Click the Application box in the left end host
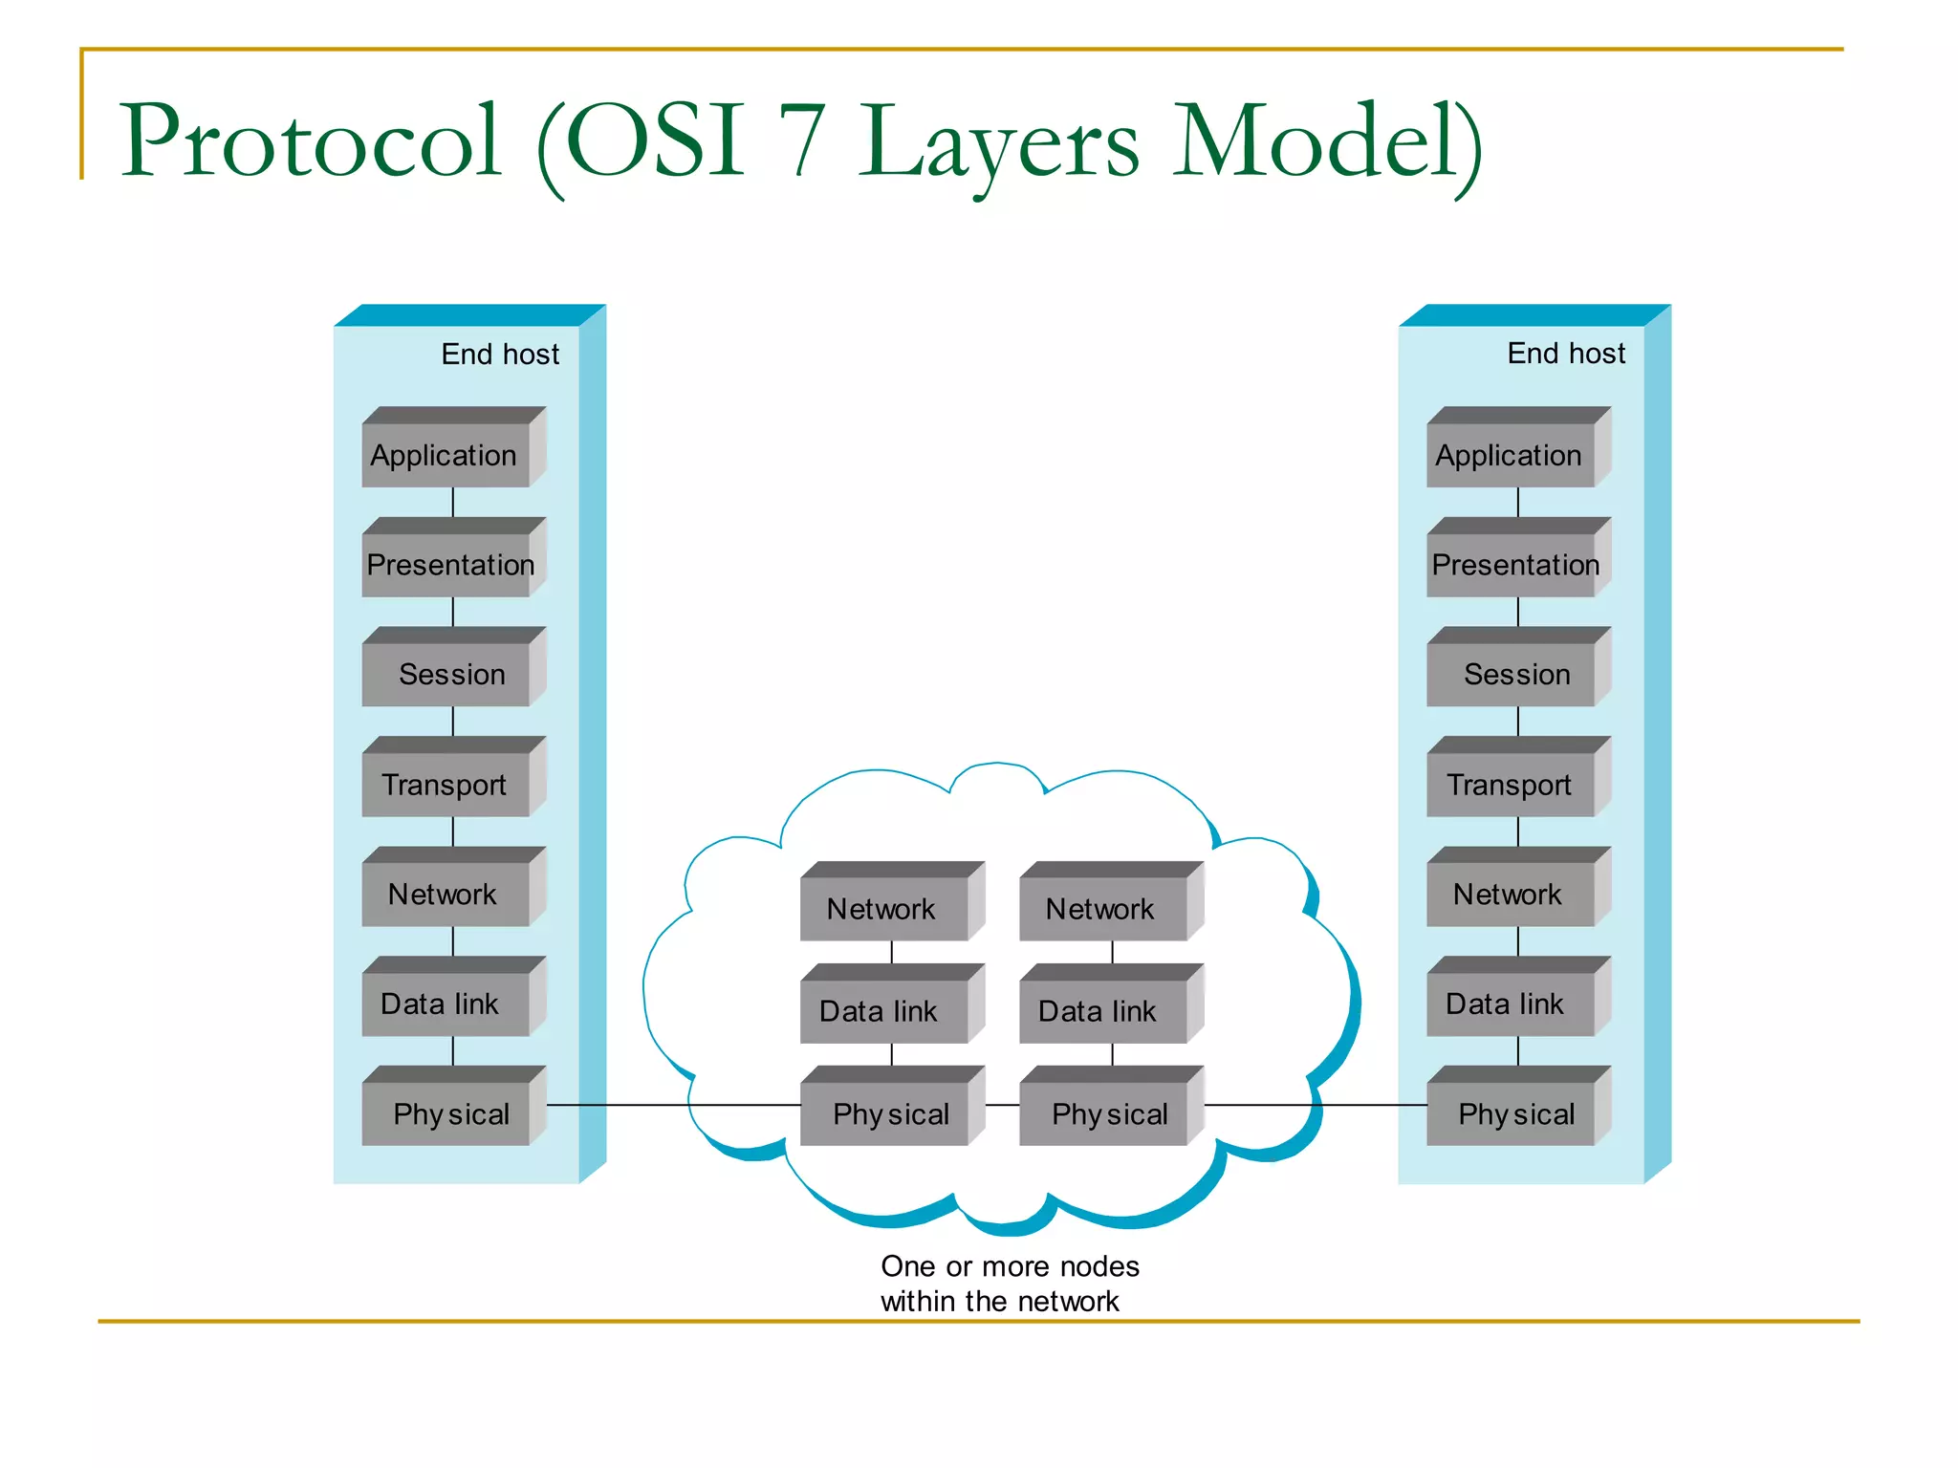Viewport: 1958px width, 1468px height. pyautogui.click(x=446, y=455)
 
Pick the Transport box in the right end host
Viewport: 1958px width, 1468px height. pyautogui.click(x=1511, y=785)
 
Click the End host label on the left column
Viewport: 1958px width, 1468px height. pyautogui.click(x=500, y=355)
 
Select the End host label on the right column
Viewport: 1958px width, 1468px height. pyautogui.click(x=1566, y=354)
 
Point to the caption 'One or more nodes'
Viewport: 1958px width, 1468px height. pyautogui.click(x=1010, y=1266)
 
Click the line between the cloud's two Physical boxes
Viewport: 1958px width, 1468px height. pyautogui.click(x=1002, y=1105)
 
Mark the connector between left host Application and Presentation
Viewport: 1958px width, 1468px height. pyautogui.click(x=452, y=503)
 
